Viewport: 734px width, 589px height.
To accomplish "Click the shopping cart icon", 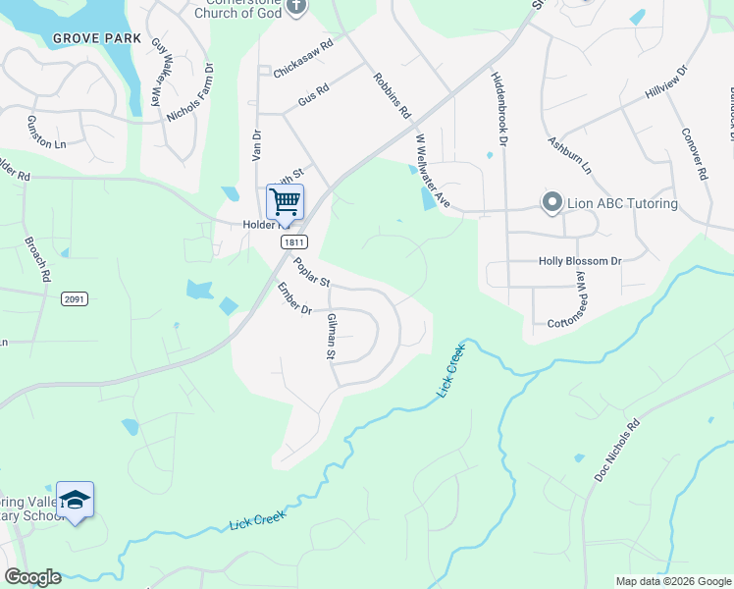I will click(285, 202).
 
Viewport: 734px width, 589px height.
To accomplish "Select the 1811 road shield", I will click(293, 241).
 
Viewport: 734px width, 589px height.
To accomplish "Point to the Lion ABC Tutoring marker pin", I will click(551, 204).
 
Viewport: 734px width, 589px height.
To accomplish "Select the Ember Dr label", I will click(293, 299).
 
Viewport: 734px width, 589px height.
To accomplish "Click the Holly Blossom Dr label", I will click(580, 262).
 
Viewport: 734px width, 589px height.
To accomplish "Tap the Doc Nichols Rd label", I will click(616, 451).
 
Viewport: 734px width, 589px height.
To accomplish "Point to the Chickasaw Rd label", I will click(304, 60).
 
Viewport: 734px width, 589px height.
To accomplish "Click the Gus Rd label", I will click(311, 95).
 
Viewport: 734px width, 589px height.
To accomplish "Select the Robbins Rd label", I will click(391, 95).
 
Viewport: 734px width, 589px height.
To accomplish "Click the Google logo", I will click(32, 577).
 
